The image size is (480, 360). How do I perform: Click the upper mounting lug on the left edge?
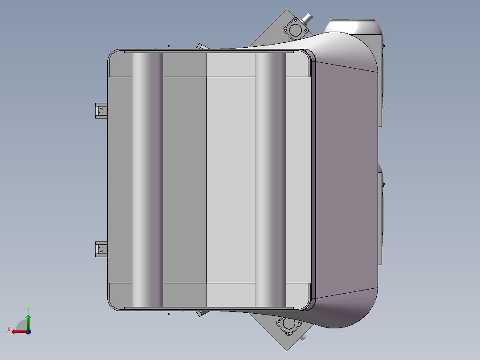[101, 110]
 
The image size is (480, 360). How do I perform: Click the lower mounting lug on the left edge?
[101, 249]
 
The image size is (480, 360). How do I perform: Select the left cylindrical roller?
[147, 178]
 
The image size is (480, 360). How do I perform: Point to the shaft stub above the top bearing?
[307, 18]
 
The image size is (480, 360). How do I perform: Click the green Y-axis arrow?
[28, 320]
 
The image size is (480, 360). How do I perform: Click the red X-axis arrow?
[16, 331]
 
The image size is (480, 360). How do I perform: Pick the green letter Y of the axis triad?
[28, 309]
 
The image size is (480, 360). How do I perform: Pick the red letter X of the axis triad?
[8, 329]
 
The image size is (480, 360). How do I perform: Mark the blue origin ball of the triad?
[28, 331]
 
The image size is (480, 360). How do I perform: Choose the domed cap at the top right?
[354, 27]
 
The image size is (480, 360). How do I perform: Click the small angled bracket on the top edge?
[202, 46]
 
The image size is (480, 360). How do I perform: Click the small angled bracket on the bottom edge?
[201, 313]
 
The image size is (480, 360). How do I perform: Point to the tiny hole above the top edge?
[169, 45]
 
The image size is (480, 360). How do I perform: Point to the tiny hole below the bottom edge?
[169, 314]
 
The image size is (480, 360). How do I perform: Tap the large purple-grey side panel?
[345, 178]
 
